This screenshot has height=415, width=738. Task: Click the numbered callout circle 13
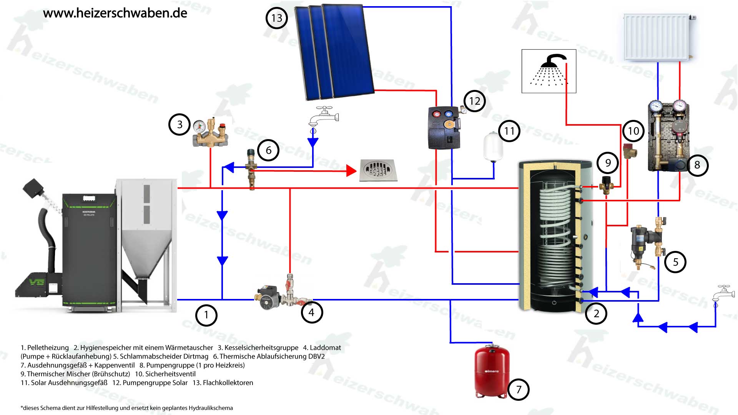[x=277, y=18]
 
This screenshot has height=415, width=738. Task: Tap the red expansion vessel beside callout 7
[x=491, y=370]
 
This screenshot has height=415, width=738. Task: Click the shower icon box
[x=549, y=71]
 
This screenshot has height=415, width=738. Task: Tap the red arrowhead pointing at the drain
[x=351, y=171]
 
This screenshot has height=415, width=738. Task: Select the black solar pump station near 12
[x=445, y=128]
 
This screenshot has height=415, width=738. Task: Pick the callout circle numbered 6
[x=268, y=150]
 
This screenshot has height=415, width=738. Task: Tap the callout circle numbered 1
[x=206, y=315]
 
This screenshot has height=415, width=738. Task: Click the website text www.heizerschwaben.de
[x=115, y=13]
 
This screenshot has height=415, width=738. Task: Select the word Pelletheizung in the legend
[x=48, y=348]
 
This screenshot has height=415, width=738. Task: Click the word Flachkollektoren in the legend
[x=228, y=383]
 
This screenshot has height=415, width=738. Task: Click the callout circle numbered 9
[x=608, y=163]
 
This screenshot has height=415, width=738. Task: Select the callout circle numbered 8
[x=697, y=165]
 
